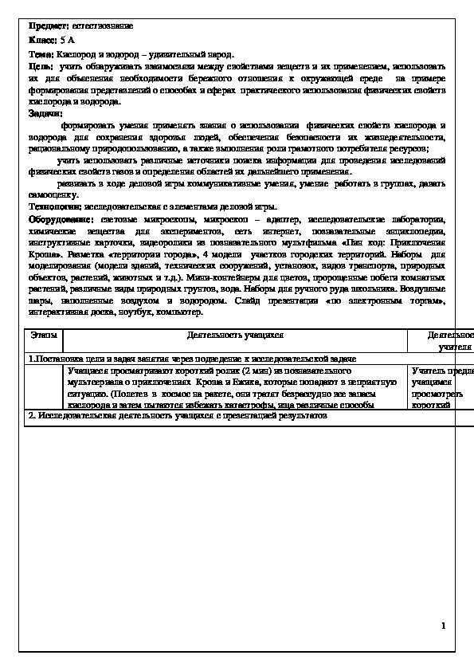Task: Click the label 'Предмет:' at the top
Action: coord(48,26)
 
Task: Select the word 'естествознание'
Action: coord(102,26)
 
